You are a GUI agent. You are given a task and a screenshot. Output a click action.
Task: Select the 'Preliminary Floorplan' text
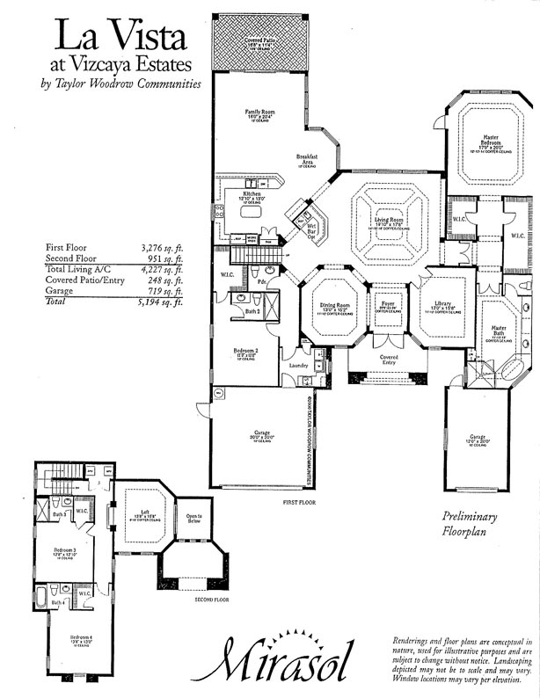coord(470,525)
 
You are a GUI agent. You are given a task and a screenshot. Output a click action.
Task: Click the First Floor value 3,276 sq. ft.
coord(161,249)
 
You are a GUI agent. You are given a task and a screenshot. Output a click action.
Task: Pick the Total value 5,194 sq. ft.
coord(161,302)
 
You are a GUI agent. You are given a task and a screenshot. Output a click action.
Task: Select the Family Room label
coord(260,113)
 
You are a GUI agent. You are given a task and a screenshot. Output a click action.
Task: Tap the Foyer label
coord(387,305)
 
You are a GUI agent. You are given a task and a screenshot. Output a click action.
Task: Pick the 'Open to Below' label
coord(193,519)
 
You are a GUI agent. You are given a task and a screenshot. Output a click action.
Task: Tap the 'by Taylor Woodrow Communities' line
coord(121,84)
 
